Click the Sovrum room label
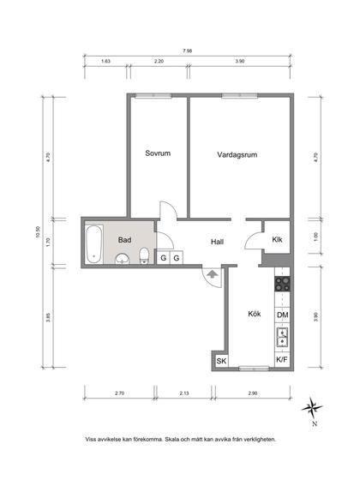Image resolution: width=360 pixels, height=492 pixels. [x=158, y=153]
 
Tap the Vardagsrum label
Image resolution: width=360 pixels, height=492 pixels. [x=237, y=154]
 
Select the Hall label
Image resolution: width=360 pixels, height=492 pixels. [x=217, y=242]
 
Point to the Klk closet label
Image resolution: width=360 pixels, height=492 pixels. [x=277, y=239]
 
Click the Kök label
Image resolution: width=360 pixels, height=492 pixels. [x=255, y=314]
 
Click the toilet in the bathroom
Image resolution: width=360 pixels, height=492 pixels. [x=144, y=255]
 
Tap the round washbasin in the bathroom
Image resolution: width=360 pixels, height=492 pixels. [x=123, y=259]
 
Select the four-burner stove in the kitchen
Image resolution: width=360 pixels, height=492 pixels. [x=282, y=284]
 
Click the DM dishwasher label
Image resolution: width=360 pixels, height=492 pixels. [x=283, y=315]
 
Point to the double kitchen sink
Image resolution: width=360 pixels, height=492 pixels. [x=283, y=337]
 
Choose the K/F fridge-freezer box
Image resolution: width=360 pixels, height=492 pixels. [x=282, y=360]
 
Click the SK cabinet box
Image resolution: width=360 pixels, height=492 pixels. [x=221, y=361]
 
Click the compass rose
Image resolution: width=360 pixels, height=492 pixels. [x=312, y=408]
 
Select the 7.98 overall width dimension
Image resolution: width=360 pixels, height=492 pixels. [x=188, y=51]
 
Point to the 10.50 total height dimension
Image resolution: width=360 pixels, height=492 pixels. [x=39, y=232]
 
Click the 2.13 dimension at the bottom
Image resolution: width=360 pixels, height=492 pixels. [x=184, y=393]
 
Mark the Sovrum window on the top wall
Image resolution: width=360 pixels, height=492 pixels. [x=153, y=96]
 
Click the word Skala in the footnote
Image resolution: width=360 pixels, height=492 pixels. [x=172, y=439]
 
